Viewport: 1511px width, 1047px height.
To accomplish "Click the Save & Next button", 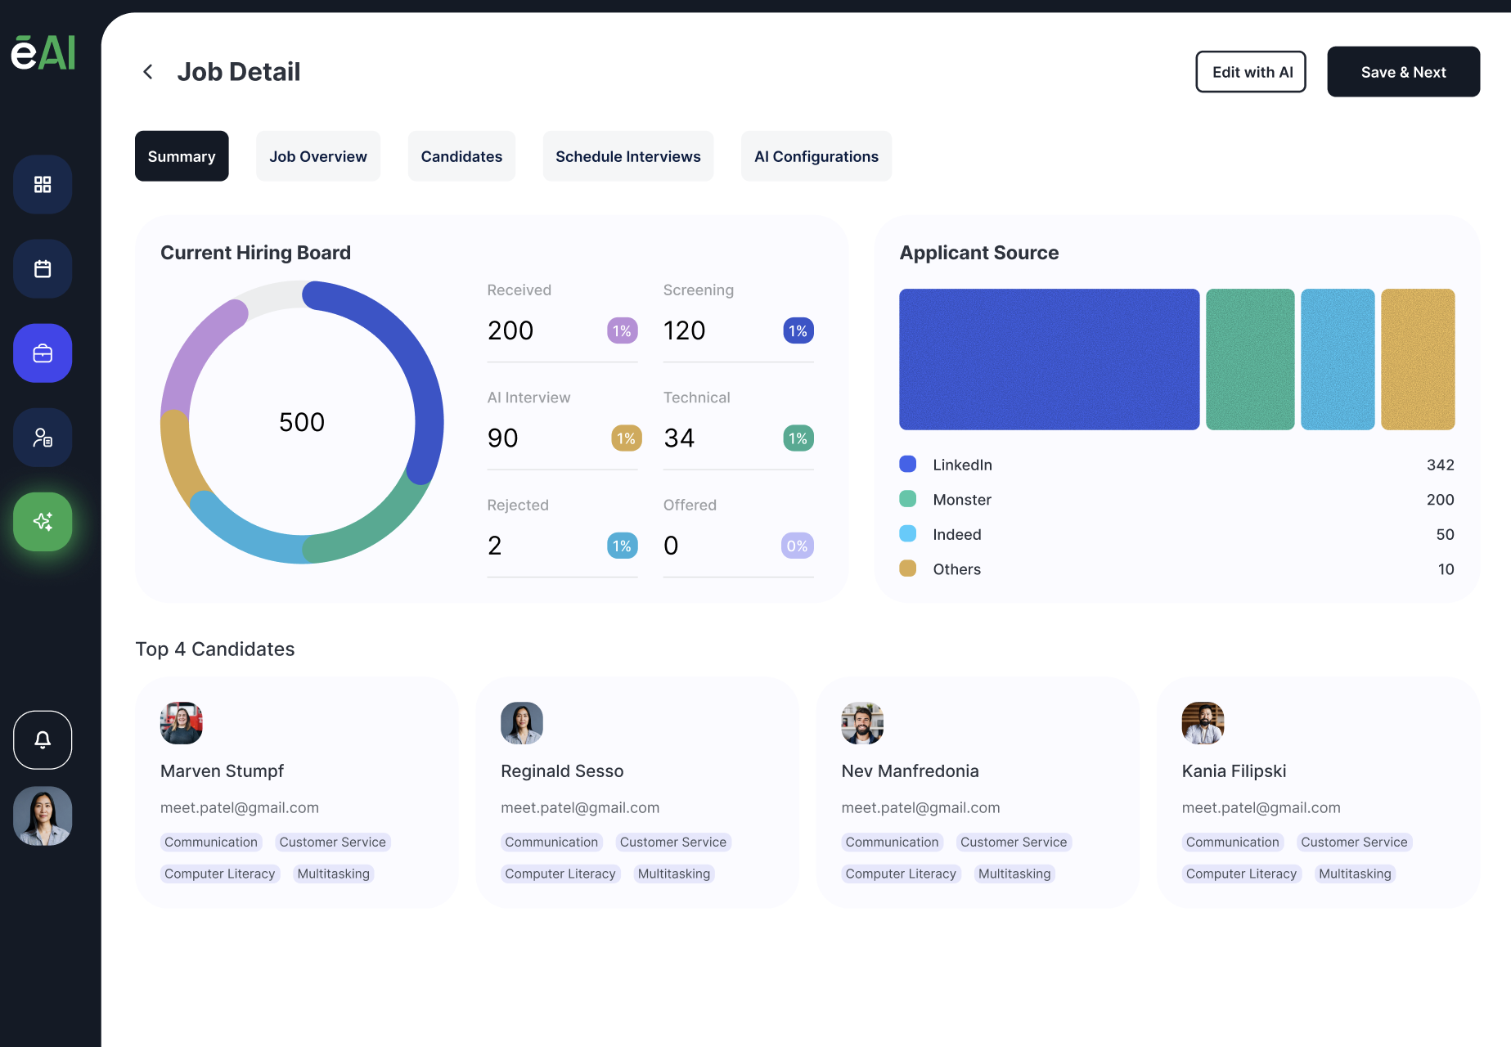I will point(1403,72).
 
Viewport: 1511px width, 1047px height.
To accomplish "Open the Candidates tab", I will point(461,156).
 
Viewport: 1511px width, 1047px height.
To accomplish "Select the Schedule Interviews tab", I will point(627,156).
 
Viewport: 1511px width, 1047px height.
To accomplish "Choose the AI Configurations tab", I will point(816,156).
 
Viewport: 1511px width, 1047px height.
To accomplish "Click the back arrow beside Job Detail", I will point(148,72).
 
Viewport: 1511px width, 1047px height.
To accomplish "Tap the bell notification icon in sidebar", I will point(43,739).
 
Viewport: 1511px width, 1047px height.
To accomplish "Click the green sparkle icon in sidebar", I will point(43,522).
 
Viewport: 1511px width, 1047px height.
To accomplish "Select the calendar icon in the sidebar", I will point(43,268).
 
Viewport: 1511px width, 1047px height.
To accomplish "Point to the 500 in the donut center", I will point(302,422).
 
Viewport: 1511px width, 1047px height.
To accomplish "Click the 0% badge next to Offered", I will point(797,546).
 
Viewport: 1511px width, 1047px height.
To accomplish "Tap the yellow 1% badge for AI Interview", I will point(626,438).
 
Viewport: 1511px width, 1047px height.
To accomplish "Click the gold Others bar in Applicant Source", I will point(1418,359).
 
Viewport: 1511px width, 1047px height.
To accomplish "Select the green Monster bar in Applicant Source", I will point(1249,359).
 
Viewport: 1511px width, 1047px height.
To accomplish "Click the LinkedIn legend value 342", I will point(1440,465).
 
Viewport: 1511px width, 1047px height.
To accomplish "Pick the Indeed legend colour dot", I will point(907,534).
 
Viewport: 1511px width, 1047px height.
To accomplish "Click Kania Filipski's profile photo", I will point(1203,723).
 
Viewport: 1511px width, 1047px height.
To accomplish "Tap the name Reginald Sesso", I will point(562,771).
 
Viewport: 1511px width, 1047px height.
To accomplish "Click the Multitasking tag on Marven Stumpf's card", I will point(333,874).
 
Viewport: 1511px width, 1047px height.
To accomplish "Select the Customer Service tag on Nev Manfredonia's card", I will point(1013,842).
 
